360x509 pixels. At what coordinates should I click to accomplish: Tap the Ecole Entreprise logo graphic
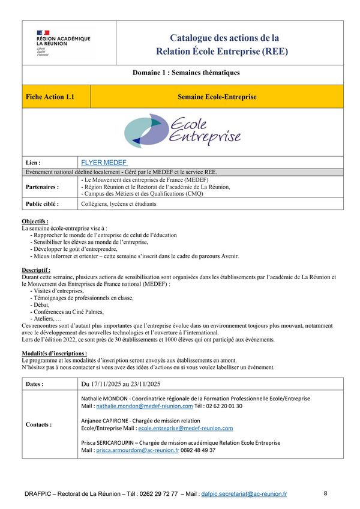click(x=182, y=131)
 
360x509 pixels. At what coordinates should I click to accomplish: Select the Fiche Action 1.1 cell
click(x=50, y=97)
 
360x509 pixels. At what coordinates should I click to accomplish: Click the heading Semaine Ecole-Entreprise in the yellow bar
click(x=217, y=97)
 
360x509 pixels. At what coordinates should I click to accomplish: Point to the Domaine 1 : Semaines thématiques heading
click(x=186, y=73)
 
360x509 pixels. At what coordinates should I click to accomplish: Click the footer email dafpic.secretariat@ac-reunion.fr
click(x=244, y=494)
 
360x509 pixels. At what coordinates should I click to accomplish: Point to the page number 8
click(x=325, y=493)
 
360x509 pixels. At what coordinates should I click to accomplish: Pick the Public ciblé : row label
click(x=43, y=203)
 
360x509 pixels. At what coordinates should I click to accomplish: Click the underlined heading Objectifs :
click(x=35, y=221)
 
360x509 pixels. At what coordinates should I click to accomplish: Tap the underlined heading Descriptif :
click(x=36, y=270)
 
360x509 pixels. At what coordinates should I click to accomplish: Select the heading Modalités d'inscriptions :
click(x=54, y=354)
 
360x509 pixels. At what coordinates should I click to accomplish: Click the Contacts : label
click(x=38, y=424)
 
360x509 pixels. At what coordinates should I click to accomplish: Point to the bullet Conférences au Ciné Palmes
click(x=70, y=312)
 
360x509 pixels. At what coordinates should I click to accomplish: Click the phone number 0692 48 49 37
click(x=199, y=450)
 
